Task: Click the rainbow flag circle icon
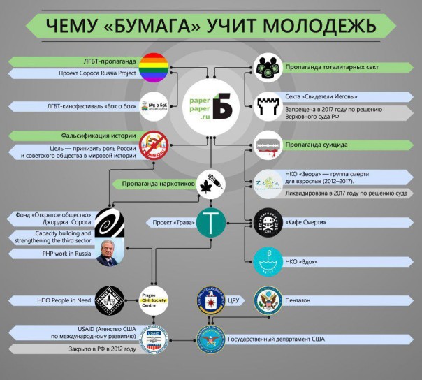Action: point(152,67)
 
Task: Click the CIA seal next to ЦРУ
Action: point(210,300)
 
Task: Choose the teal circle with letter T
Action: point(210,223)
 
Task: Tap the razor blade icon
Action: point(269,145)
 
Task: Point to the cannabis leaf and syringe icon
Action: point(210,183)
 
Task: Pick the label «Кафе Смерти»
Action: point(306,223)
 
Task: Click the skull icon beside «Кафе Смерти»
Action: point(269,223)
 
